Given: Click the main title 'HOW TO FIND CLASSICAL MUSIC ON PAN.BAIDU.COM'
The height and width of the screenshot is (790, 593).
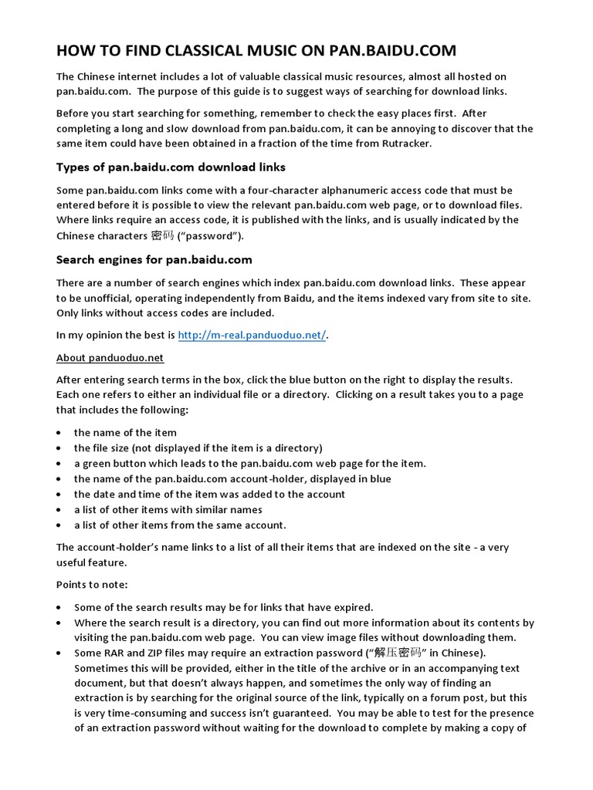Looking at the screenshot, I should point(256,51).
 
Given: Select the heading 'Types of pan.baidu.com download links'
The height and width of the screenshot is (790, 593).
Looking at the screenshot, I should point(171,167).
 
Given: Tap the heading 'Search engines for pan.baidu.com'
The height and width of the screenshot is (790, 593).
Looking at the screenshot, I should point(154,259).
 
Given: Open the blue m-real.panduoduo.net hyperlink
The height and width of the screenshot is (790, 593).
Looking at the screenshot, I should point(252,335).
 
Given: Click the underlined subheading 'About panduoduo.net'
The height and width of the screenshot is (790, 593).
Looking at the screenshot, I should point(110,358).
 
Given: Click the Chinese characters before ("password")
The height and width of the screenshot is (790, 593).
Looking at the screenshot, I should point(163,235).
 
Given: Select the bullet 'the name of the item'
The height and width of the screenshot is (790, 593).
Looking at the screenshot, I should point(125,432).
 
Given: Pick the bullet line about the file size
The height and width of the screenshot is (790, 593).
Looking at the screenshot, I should point(198,447).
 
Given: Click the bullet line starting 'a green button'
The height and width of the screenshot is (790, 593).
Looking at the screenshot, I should point(249,463).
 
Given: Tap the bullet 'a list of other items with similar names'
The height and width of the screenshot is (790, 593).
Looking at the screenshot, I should point(168,509).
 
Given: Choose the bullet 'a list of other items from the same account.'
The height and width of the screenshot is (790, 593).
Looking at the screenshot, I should point(180,525).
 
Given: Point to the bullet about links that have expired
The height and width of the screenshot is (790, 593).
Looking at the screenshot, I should point(223,607).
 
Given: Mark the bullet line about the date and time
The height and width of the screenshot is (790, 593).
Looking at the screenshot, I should point(209,494).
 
